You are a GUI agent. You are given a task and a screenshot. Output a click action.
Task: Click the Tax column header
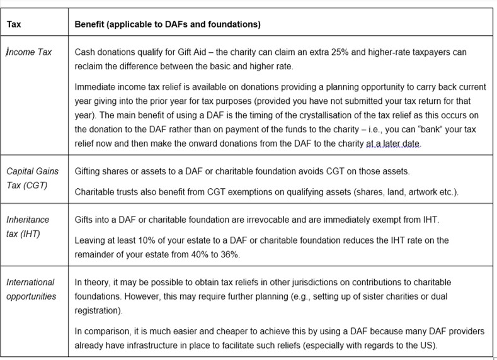[x=14, y=25]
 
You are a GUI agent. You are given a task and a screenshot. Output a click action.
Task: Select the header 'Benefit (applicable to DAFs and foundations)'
[x=168, y=25]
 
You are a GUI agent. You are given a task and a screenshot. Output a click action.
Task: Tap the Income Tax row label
[x=29, y=52]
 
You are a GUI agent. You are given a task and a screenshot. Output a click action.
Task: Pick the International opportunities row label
[x=31, y=289]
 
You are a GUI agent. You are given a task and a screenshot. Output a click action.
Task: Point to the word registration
[x=101, y=310]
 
